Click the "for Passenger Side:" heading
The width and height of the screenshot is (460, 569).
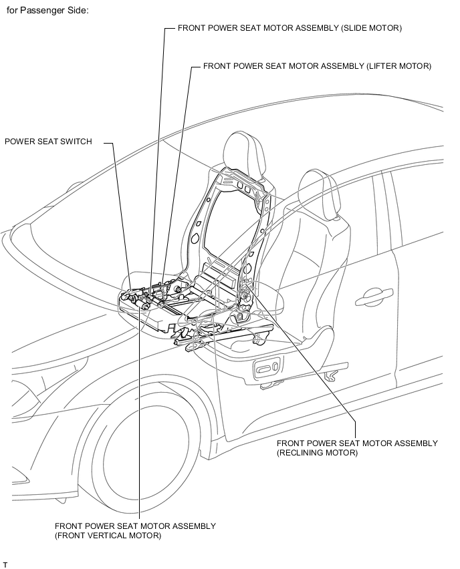(47, 10)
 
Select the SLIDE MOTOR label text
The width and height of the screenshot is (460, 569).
(290, 28)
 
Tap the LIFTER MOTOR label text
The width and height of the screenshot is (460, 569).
(317, 66)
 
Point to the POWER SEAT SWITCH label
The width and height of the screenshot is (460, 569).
(48, 141)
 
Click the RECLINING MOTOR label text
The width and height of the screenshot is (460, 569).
(357, 448)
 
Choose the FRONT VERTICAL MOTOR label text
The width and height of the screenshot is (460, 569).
(135, 530)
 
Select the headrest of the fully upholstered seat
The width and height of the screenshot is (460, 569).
(320, 194)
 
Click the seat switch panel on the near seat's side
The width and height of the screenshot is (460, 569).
(267, 369)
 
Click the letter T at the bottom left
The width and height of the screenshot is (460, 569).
(5, 564)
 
